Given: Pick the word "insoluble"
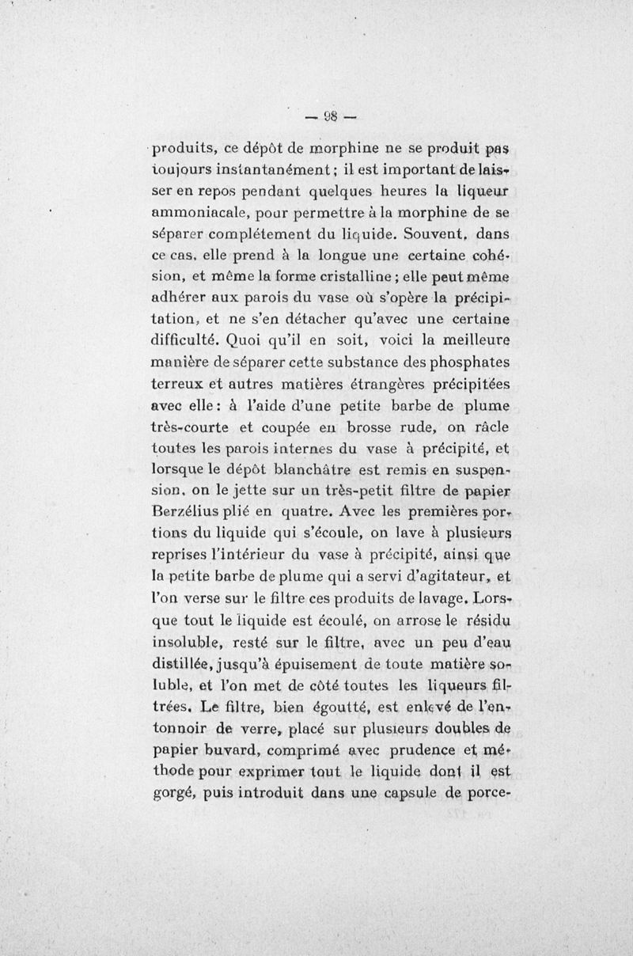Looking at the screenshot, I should tap(186, 640).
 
